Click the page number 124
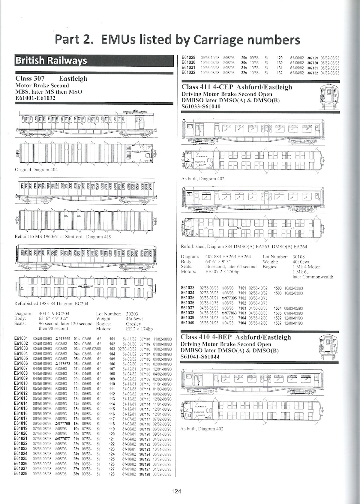pos(177,491)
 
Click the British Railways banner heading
pos(51,61)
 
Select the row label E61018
pos(21,424)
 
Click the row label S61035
pos(188,298)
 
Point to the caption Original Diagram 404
pos(36,170)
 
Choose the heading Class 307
pos(30,79)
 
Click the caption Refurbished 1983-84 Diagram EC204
pos(52,304)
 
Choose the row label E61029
pos(188,58)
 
